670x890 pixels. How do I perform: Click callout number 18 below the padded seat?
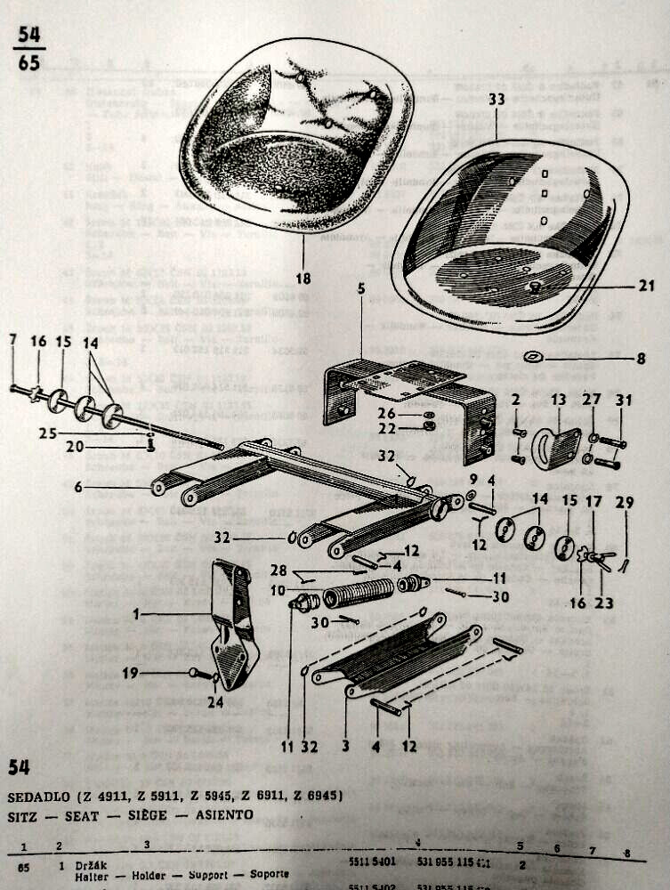click(303, 279)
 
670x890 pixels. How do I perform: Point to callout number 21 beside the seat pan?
click(647, 286)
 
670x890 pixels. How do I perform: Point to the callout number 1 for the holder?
click(137, 613)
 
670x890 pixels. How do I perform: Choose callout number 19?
click(131, 674)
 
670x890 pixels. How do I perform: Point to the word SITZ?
click(22, 813)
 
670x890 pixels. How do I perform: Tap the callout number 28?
click(278, 570)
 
